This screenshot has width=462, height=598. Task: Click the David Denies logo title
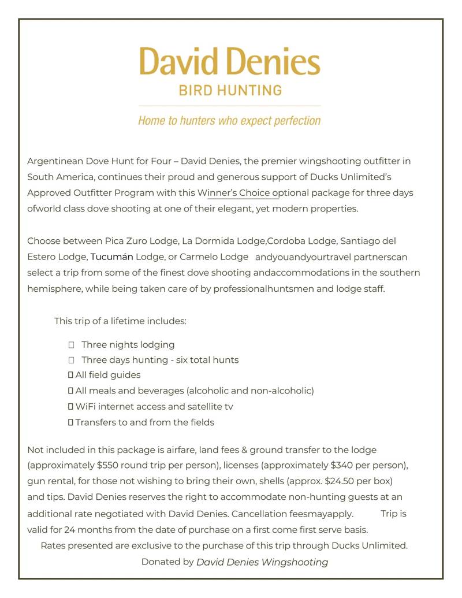[x=229, y=61]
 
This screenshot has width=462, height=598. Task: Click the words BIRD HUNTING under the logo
[x=230, y=91]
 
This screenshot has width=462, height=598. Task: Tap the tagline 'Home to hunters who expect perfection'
[x=229, y=121]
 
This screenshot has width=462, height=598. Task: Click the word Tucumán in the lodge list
[x=112, y=257]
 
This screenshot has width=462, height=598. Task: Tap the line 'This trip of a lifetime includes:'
[x=120, y=321]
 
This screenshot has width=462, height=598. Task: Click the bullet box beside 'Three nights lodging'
[x=72, y=345]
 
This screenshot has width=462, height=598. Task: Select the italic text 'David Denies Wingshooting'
[x=262, y=562]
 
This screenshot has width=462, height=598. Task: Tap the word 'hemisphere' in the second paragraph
[x=54, y=289]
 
